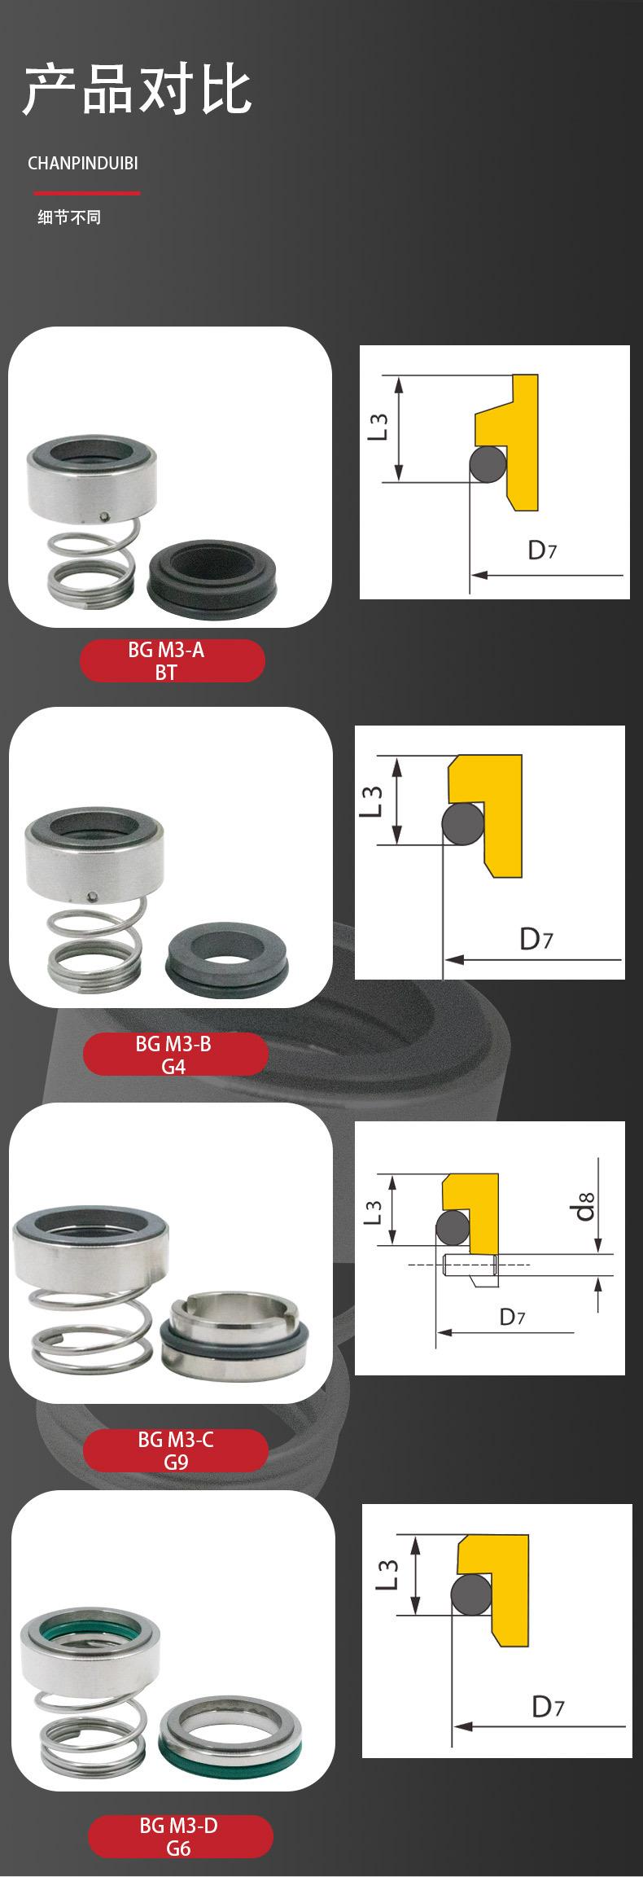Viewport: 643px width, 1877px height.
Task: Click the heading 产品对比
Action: pyautogui.click(x=137, y=91)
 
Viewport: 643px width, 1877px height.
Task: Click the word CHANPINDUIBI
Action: pyautogui.click(x=83, y=163)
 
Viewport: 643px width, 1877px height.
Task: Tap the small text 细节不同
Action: pyautogui.click(x=69, y=217)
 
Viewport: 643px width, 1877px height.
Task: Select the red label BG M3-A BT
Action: pyautogui.click(x=172, y=660)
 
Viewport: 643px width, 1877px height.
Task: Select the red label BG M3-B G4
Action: pyautogui.click(x=175, y=1055)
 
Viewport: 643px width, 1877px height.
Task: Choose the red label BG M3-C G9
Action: pyautogui.click(x=175, y=1450)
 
